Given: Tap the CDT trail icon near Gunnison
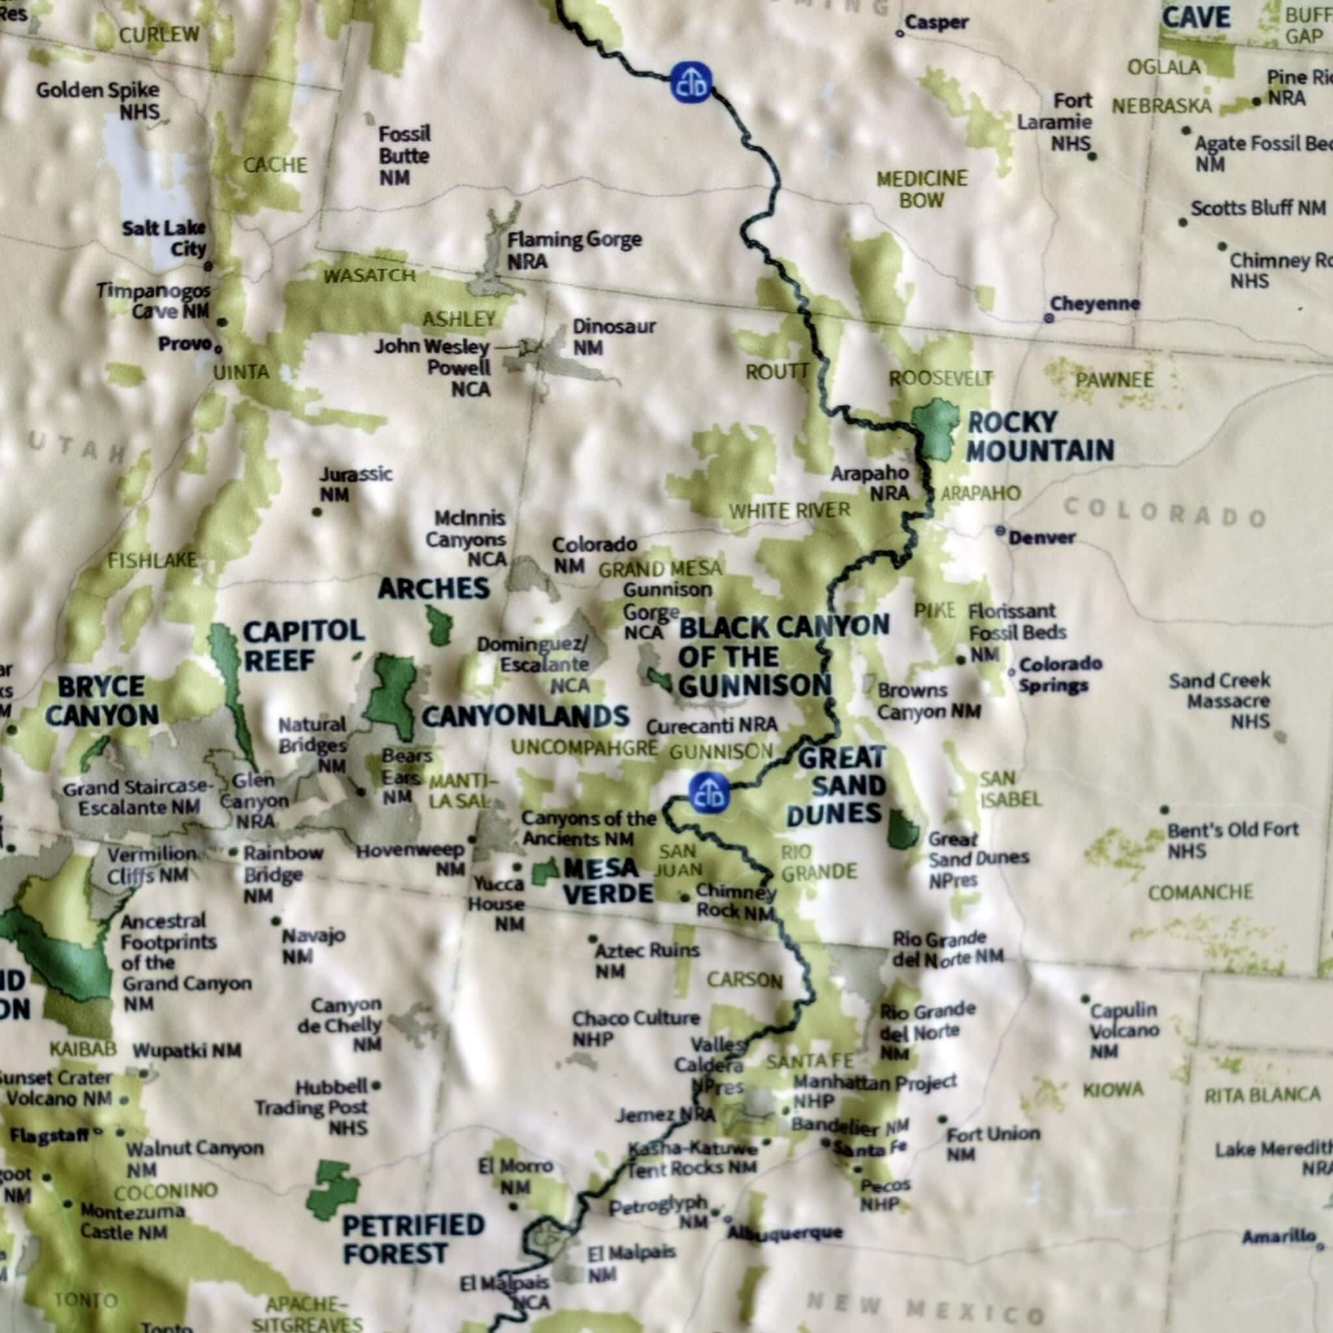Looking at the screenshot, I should tap(709, 793).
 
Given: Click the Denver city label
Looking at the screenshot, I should tap(1041, 537).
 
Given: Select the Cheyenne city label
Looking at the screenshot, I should tap(1094, 304).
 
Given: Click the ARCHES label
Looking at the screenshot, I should tap(434, 588).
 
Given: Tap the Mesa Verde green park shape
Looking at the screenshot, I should tap(545, 873).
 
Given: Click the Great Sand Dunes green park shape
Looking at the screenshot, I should tap(901, 830).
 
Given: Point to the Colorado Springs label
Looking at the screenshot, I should tap(1060, 674).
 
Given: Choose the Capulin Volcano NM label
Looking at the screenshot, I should tap(1124, 1030).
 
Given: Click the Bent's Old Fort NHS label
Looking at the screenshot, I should tap(1232, 839).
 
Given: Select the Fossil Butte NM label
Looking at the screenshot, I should tap(404, 156).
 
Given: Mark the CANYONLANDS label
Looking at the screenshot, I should tap(525, 717).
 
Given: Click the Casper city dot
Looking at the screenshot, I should tap(900, 33).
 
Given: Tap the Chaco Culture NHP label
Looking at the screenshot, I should tap(635, 1028).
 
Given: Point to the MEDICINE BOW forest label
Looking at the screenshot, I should tap(922, 189).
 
